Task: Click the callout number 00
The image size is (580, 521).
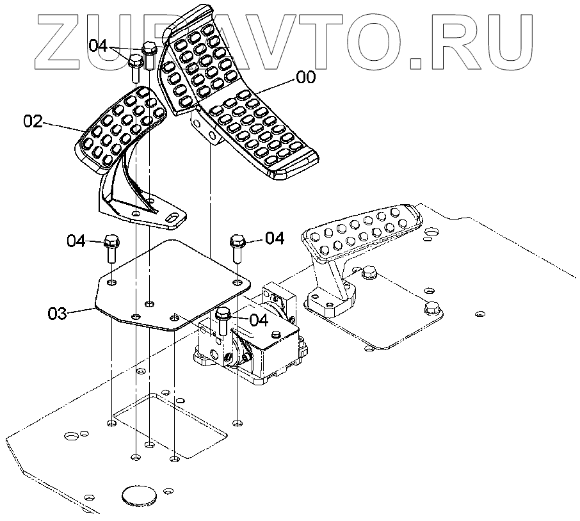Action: pos(305,77)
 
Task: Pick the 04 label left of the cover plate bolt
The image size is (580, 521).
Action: pos(76,241)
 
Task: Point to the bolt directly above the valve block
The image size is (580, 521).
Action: pos(223,320)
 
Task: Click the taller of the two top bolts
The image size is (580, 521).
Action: pos(149,54)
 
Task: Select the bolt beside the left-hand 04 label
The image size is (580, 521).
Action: pos(110,248)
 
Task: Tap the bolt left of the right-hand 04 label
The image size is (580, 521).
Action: pos(237,247)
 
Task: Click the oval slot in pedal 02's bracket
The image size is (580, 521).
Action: pos(172,219)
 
